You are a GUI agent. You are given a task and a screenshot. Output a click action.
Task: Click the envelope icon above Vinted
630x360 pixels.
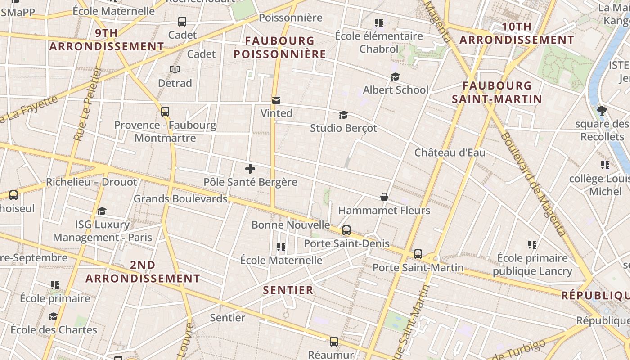276,100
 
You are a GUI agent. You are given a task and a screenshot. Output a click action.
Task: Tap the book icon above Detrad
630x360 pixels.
175,69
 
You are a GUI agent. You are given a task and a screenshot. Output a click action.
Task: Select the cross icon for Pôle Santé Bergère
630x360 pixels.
250,169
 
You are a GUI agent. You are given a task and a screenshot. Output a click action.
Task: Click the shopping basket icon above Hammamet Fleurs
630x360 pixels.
384,197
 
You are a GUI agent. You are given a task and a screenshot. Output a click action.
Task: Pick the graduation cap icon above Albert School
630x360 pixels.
395,77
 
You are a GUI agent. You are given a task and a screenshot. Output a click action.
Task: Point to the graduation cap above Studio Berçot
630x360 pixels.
343,115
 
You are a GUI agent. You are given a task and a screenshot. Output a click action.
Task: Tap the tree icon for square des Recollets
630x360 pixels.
602,110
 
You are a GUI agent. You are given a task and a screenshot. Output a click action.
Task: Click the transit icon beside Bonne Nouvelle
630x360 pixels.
346,230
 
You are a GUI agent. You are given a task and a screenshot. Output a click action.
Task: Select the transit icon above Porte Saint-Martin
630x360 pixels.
418,254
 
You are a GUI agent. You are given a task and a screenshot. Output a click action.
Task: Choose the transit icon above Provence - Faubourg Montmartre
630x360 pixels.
165,112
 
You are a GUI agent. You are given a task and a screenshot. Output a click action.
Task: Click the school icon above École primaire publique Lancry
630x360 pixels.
532,245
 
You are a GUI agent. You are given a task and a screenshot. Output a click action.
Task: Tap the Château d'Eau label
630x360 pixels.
450,153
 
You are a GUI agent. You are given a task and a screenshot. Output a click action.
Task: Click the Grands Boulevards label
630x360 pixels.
180,198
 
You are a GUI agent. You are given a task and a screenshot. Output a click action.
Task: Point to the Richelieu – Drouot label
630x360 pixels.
91,182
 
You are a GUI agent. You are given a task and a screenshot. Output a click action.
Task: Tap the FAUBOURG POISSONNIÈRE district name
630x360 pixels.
279,48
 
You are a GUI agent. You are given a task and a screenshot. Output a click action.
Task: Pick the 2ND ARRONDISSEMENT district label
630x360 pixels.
143,272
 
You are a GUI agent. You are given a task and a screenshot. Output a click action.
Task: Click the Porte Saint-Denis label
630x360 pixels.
346,243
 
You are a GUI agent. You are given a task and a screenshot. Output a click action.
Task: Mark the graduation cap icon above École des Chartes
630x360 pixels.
53,316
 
